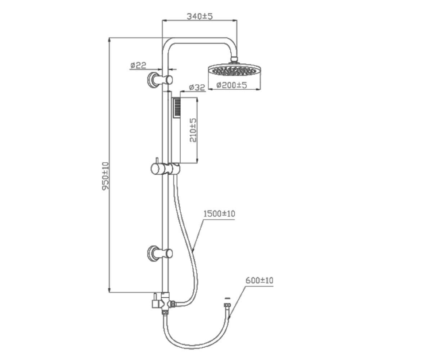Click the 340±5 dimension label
pyautogui.click(x=199, y=16)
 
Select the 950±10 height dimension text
pyautogui.click(x=105, y=176)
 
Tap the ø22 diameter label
pyautogui.click(x=138, y=65)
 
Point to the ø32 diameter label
pyautogui.click(x=197, y=87)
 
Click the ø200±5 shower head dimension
pyautogui.click(x=231, y=85)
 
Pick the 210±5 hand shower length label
pyautogui.click(x=193, y=130)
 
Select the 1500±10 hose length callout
pyautogui.click(x=219, y=213)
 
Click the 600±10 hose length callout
pyautogui.click(x=260, y=280)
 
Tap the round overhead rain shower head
pyautogui.click(x=234, y=70)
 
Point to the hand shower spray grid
pyautogui.click(x=177, y=108)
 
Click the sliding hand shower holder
pyautogui.click(x=165, y=168)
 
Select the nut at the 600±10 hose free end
pyautogui.click(x=227, y=305)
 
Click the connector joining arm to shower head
pyautogui.click(x=234, y=59)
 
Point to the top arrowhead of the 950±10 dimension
pyautogui.click(x=109, y=40)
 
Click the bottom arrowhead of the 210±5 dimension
pyautogui.click(x=197, y=161)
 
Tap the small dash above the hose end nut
pyautogui.click(x=227, y=298)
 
